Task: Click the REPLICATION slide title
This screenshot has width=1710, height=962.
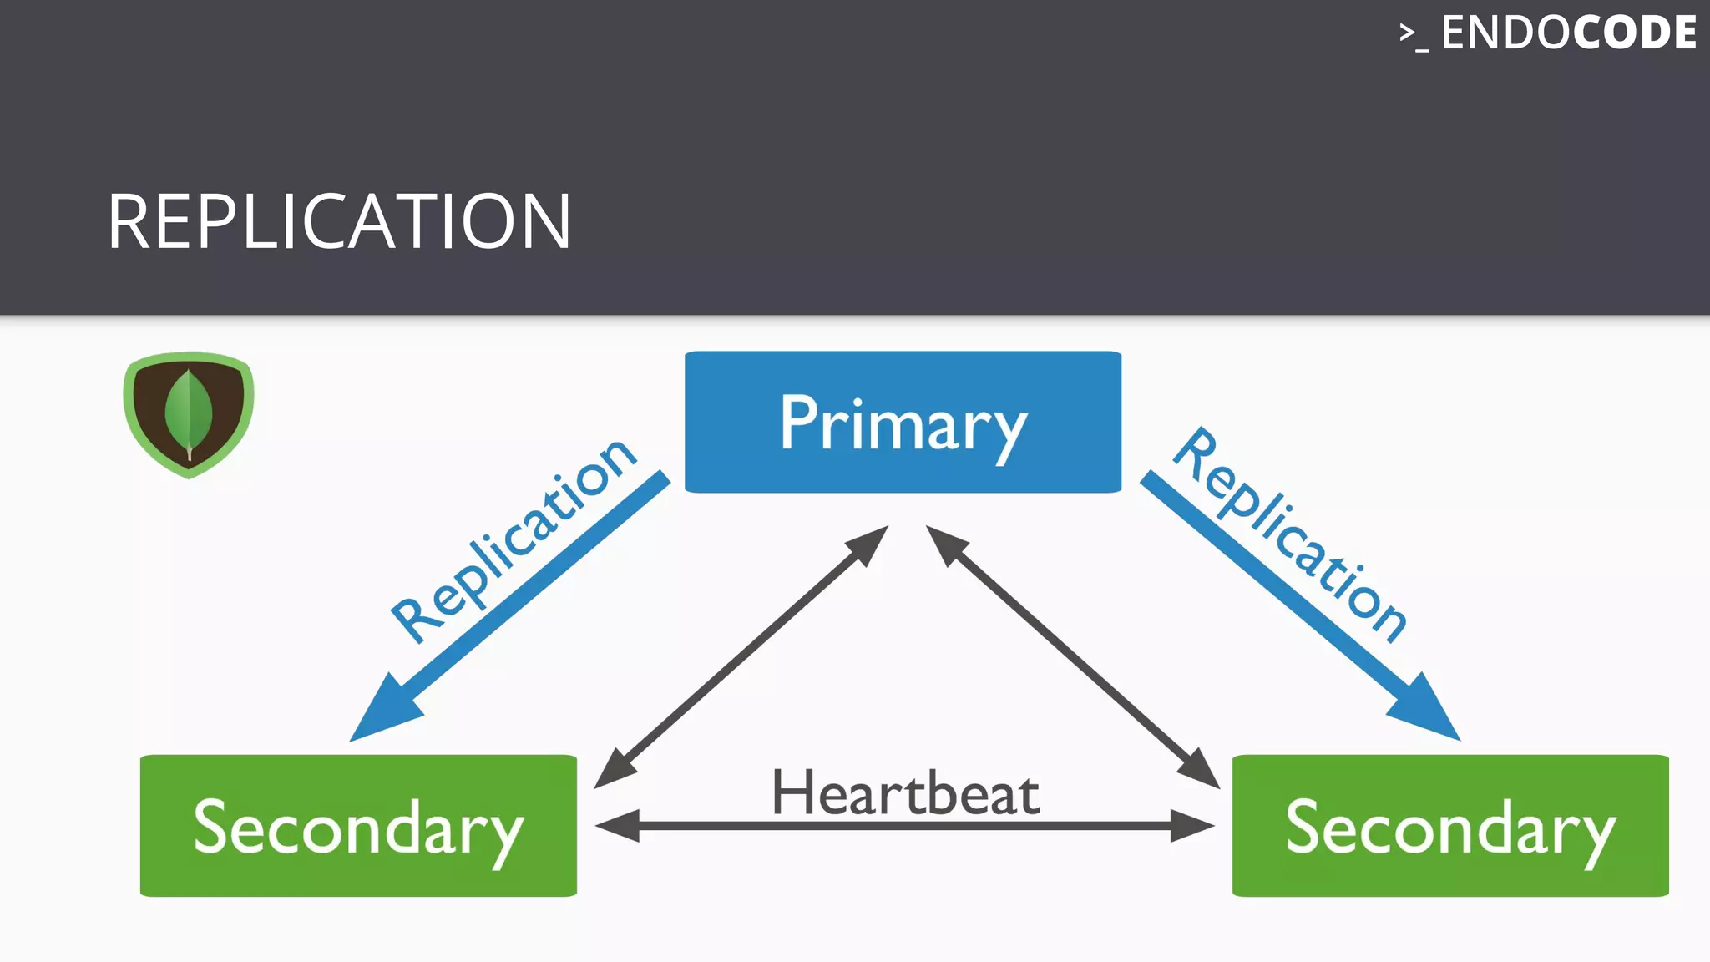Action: click(x=338, y=221)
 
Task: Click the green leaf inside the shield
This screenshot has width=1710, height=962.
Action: click(x=189, y=412)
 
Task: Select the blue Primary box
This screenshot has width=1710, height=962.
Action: click(x=903, y=422)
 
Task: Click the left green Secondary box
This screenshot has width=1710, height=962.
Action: click(x=358, y=826)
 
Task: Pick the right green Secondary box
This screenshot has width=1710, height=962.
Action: click(x=1450, y=826)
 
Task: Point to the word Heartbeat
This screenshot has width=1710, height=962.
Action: click(x=905, y=792)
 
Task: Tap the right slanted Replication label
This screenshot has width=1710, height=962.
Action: click(x=1290, y=534)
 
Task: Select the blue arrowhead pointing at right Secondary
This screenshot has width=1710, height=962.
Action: click(x=1426, y=710)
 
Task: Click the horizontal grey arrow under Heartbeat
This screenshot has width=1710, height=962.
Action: click(x=905, y=826)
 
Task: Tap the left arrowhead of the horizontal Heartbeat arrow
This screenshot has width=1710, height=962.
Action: click(x=616, y=826)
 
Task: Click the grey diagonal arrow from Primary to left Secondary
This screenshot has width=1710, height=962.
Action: click(x=741, y=656)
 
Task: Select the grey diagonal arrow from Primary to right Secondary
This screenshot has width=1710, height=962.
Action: click(x=1073, y=656)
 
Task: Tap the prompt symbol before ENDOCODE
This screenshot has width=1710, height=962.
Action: click(x=1413, y=35)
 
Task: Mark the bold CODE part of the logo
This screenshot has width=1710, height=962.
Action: click(x=1634, y=33)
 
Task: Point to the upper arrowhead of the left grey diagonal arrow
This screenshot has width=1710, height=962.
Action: click(x=868, y=544)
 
